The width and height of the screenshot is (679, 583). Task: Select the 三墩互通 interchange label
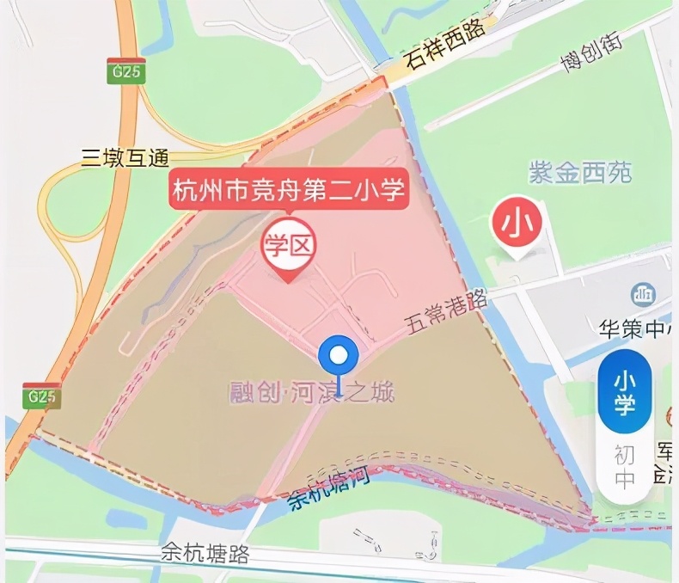[125, 156]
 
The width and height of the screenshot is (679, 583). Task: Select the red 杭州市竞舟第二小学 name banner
[289, 190]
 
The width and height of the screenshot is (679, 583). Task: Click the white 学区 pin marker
[289, 248]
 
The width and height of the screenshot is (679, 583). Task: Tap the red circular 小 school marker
[517, 224]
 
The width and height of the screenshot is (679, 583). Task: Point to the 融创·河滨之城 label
[311, 393]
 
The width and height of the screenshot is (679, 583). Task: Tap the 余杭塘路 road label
[205, 553]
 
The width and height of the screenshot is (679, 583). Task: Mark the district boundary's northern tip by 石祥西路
[382, 78]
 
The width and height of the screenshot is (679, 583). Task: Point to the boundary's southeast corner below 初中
[591, 520]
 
